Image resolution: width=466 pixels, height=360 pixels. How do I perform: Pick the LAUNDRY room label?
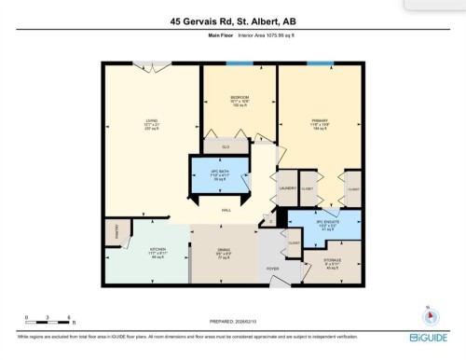pyautogui.click(x=287, y=187)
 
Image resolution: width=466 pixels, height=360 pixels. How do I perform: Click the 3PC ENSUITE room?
pyautogui.click(x=326, y=224)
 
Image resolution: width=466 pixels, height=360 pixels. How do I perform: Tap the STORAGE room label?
pyautogui.click(x=334, y=260)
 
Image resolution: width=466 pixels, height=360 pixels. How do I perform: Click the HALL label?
pyautogui.click(x=226, y=211)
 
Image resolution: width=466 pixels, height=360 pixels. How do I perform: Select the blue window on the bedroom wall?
pyautogui.click(x=239, y=63)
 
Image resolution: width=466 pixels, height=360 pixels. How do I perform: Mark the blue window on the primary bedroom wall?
pyautogui.click(x=321, y=63)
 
